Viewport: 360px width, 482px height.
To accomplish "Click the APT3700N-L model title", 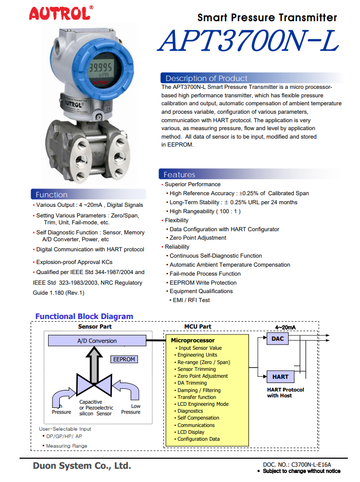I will click(247, 40).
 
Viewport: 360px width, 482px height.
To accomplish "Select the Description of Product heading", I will click(206, 78).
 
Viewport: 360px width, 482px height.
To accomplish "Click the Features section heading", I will click(179, 175).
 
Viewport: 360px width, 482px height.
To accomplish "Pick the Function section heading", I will click(52, 195).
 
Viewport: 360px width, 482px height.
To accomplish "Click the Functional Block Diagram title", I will click(84, 316).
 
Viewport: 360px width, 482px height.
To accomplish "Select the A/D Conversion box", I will click(97, 341).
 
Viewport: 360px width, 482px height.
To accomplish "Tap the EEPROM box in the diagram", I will click(124, 359).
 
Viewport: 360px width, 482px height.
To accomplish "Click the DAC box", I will click(278, 339).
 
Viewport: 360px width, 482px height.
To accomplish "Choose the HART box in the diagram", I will click(280, 377).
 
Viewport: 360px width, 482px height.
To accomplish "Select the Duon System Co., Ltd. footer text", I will click(81, 466).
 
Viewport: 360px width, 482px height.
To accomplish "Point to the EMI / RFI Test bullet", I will click(191, 300).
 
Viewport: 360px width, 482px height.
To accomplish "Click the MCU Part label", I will click(198, 327).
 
